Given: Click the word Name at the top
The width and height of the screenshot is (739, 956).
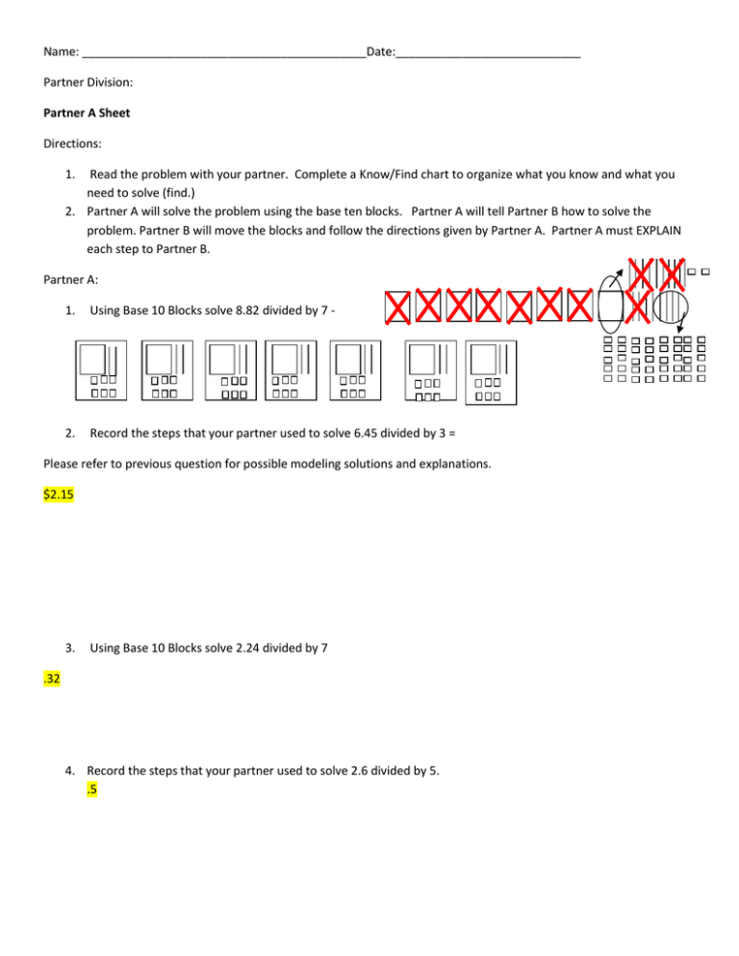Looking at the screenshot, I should [x=61, y=50].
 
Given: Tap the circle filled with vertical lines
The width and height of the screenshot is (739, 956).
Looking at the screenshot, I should [x=672, y=308].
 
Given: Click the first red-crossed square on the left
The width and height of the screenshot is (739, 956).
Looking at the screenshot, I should [x=397, y=308].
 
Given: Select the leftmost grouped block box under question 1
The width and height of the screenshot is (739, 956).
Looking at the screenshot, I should [x=99, y=370].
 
